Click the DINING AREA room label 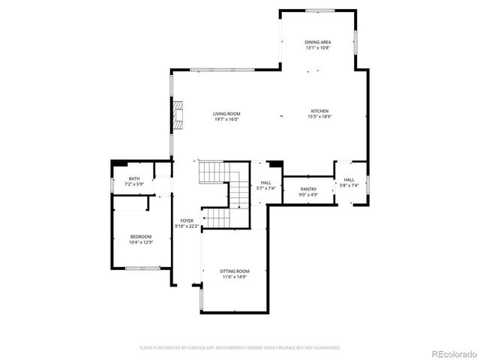click(318, 43)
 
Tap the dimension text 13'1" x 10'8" click(318, 48)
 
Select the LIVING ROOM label click(226, 113)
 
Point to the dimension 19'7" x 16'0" click(226, 118)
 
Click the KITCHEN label click(320, 111)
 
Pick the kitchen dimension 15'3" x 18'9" click(320, 116)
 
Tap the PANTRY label click(309, 189)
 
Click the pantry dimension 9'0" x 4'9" click(309, 194)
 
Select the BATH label click(133, 178)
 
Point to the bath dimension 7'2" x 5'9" click(133, 184)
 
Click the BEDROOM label click(142, 236)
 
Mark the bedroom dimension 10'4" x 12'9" click(142, 241)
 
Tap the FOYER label click(187, 220)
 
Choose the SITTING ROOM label click(235, 271)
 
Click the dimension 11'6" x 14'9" click(235, 276)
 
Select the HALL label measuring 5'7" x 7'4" click(266, 182)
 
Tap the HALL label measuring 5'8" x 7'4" click(349, 180)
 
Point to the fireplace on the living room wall click(178, 113)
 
